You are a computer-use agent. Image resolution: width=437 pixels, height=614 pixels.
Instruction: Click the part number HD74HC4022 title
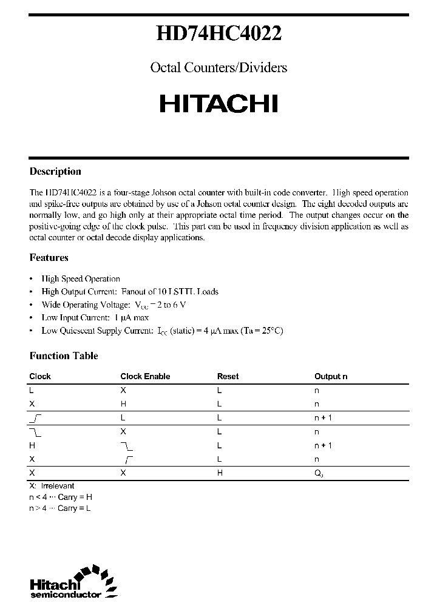[218, 35]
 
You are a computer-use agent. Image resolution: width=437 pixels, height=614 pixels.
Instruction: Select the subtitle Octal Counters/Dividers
[218, 67]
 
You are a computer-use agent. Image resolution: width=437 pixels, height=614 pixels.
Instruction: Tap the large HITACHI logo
[218, 104]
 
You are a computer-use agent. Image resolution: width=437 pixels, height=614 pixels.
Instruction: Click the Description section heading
[55, 172]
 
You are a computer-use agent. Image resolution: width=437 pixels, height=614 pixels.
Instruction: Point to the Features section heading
[49, 258]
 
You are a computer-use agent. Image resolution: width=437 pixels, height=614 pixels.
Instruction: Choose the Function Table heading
[64, 356]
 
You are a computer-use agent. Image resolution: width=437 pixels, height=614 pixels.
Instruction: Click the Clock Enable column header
[145, 377]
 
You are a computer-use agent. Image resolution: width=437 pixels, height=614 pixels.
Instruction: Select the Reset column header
[228, 377]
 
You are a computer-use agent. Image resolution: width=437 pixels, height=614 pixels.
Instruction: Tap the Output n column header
[331, 377]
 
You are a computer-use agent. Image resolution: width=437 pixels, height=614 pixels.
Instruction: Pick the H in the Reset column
[220, 473]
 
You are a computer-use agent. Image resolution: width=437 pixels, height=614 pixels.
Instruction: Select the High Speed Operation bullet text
[81, 279]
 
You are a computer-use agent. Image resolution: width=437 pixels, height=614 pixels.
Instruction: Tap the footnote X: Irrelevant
[52, 486]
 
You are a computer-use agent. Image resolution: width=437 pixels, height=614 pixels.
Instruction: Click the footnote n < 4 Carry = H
[61, 497]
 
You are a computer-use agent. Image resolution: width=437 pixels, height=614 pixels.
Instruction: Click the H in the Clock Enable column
[123, 404]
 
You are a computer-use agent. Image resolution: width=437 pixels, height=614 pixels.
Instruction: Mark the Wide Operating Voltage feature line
[113, 305]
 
